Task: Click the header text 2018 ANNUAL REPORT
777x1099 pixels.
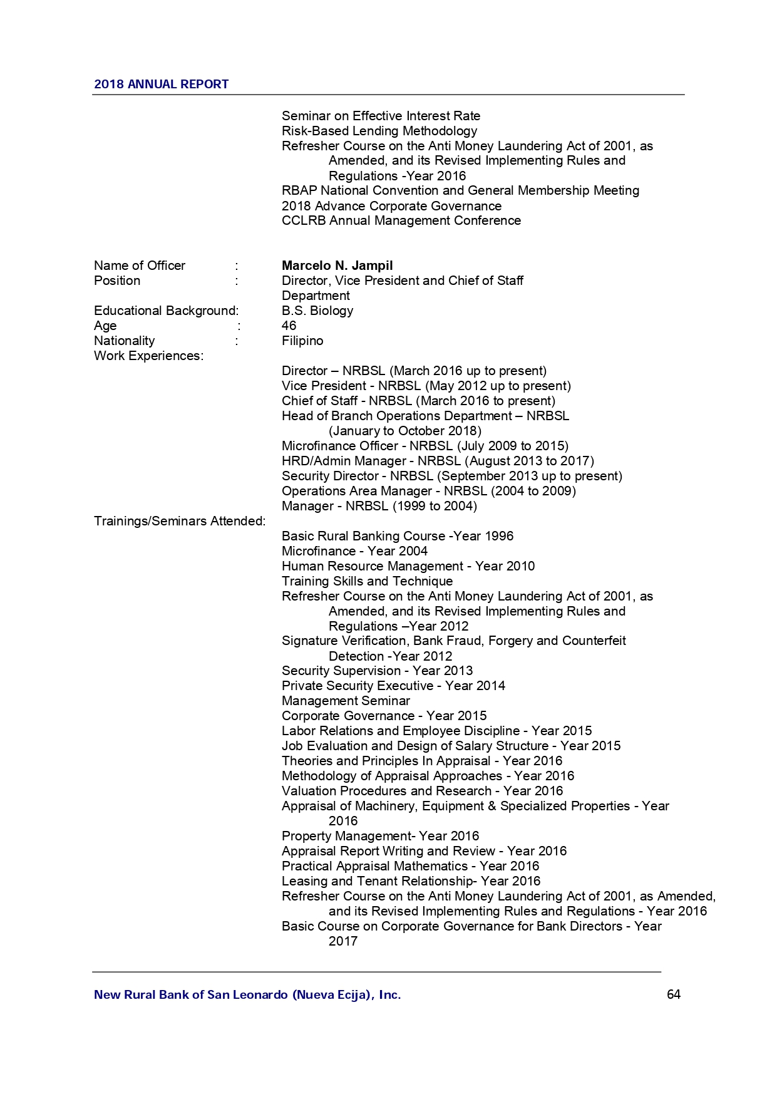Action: [161, 85]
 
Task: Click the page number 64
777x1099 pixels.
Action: [673, 994]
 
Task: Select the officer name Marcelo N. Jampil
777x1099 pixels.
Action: [337, 266]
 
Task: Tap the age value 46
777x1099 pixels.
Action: [289, 326]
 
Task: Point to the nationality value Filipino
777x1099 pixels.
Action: [302, 341]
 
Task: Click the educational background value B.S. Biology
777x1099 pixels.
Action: [317, 311]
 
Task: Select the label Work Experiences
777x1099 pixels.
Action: [148, 356]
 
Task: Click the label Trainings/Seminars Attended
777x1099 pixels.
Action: [180, 521]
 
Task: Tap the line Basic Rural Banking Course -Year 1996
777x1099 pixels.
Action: [397, 536]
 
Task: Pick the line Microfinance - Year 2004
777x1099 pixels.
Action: [354, 551]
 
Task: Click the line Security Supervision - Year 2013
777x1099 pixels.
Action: [377, 671]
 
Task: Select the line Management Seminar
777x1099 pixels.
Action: [346, 701]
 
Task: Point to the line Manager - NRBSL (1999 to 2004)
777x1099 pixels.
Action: [379, 506]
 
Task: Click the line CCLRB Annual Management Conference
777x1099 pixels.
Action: [401, 220]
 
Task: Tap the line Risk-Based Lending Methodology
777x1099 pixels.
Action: [379, 131]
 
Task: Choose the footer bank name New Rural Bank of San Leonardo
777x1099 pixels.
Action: [247, 994]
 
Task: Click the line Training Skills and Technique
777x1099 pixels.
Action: [367, 581]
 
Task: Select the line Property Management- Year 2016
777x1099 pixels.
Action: [380, 836]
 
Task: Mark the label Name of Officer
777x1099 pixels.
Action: [139, 266]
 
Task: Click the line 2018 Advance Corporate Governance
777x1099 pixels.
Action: [391, 206]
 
